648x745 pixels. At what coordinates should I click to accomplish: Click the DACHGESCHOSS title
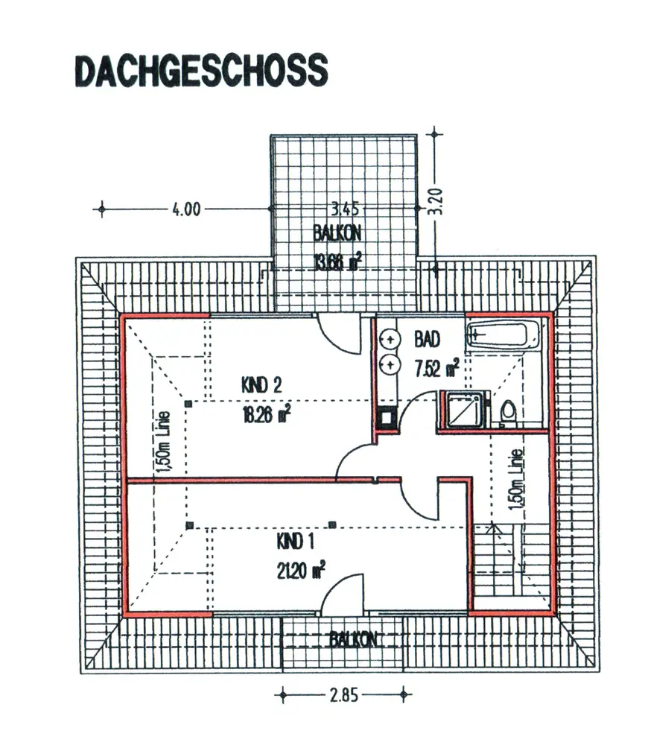coord(200,70)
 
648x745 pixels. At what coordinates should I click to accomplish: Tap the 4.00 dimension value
coord(186,209)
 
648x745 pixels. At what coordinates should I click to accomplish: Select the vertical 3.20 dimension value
coord(438,201)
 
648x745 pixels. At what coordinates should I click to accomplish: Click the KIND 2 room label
coord(261,385)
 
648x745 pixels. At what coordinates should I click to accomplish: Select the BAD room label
coord(427,340)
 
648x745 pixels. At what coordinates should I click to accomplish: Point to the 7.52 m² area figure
coord(436,367)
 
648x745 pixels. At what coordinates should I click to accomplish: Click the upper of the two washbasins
coord(388,340)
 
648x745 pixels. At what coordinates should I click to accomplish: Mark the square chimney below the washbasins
coord(387,418)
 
